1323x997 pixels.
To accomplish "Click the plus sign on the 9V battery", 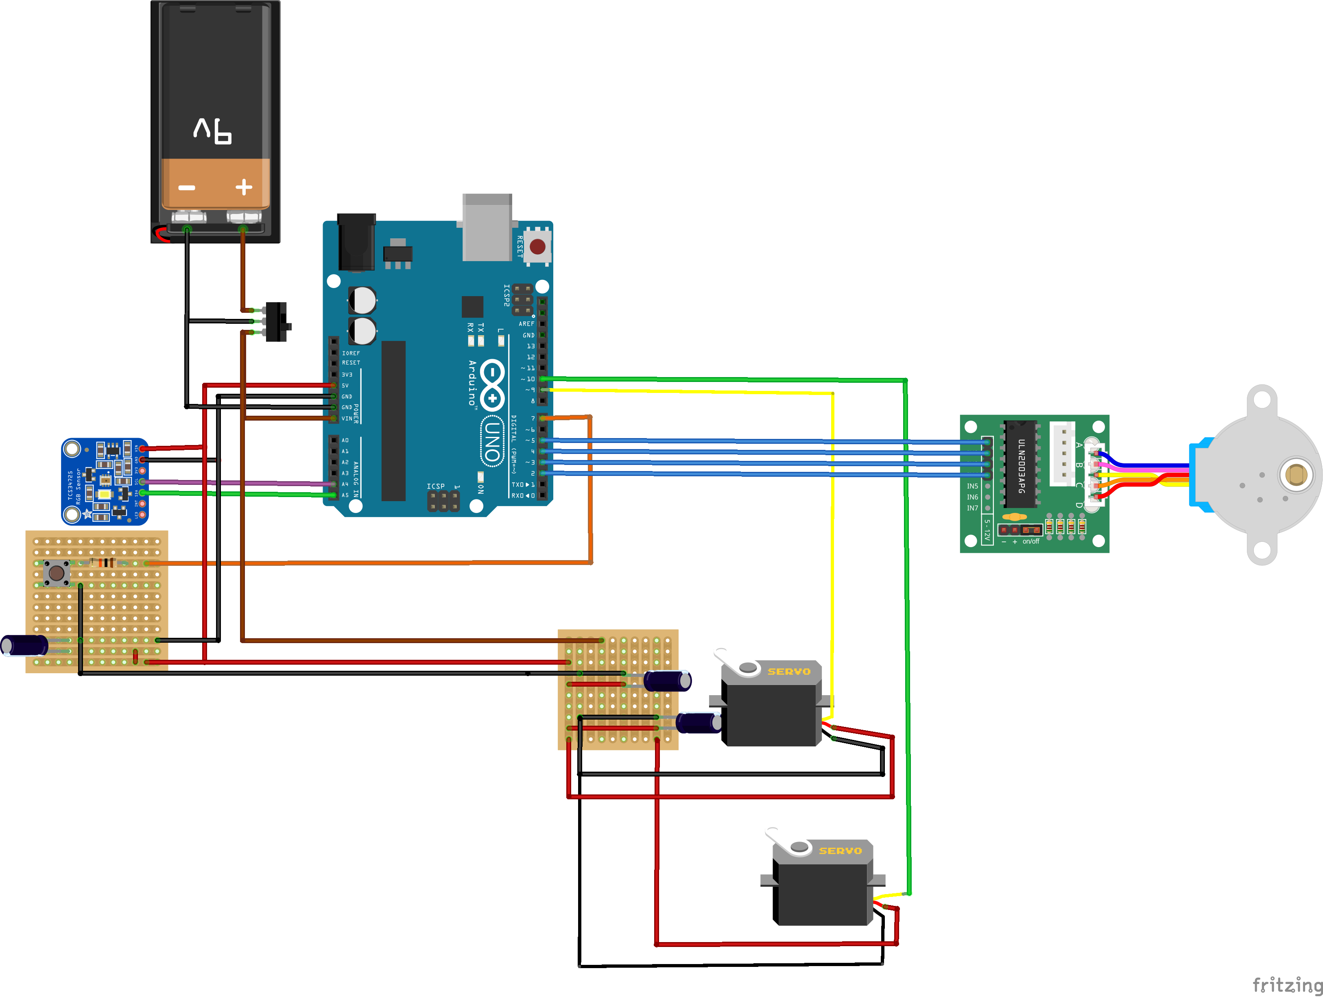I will pos(243,187).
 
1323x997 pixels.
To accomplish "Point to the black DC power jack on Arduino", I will pos(356,242).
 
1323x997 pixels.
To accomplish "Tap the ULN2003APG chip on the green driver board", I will pos(1021,464).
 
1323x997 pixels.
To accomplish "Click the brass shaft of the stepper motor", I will pos(1295,475).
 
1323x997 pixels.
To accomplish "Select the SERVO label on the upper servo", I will pos(789,672).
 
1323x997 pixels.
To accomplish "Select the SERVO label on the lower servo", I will pos(841,851).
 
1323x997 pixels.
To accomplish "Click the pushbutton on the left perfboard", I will pos(56,573).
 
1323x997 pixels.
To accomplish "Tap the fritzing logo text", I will pos(1287,984).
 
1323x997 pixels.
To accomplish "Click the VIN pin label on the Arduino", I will pos(347,419).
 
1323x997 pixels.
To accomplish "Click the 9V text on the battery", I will pos(213,131).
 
